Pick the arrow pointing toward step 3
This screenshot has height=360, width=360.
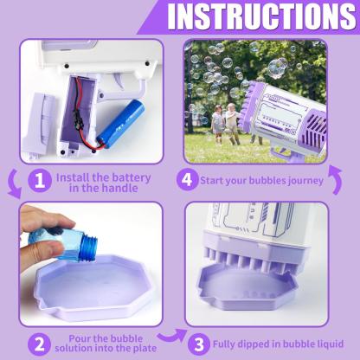[x=170, y=336]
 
